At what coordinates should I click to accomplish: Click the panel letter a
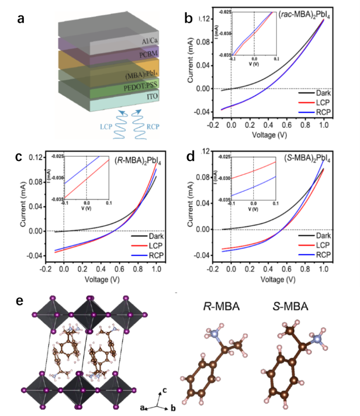pyautogui.click(x=22, y=19)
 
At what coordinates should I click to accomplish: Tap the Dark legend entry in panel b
pyautogui.click(x=326, y=93)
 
